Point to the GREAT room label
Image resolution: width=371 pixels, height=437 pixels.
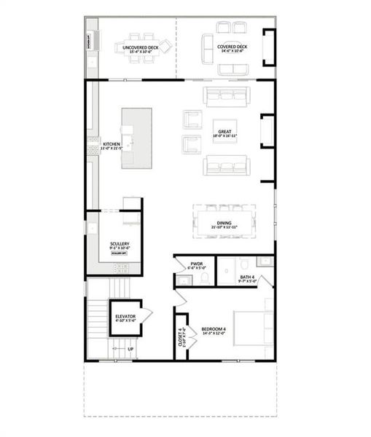(224, 133)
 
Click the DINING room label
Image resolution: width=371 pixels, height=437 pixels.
(224, 226)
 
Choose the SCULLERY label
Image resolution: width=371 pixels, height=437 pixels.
(120, 245)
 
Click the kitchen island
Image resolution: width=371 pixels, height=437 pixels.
(137, 138)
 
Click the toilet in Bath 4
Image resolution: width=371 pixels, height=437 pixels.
(244, 264)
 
